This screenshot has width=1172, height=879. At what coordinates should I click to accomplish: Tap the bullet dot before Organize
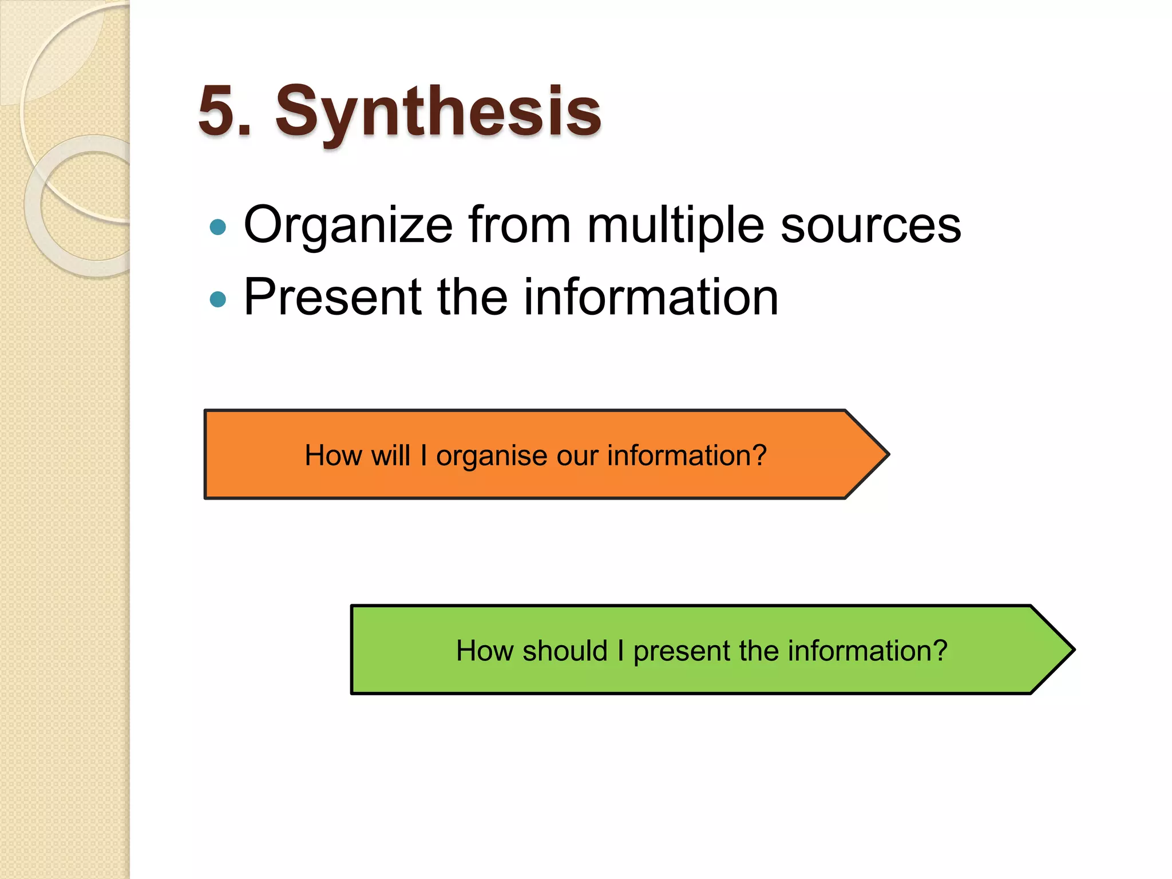point(218,228)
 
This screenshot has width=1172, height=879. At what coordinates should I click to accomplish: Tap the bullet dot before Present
point(218,299)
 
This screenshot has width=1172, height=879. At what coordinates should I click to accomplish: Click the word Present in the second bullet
point(332,298)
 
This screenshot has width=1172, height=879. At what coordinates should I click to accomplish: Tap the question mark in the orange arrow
point(759,456)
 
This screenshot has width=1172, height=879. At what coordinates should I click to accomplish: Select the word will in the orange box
point(391,456)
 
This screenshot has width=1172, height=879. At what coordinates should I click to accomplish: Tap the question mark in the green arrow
point(940,651)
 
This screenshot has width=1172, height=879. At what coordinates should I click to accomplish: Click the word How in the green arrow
point(485,651)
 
